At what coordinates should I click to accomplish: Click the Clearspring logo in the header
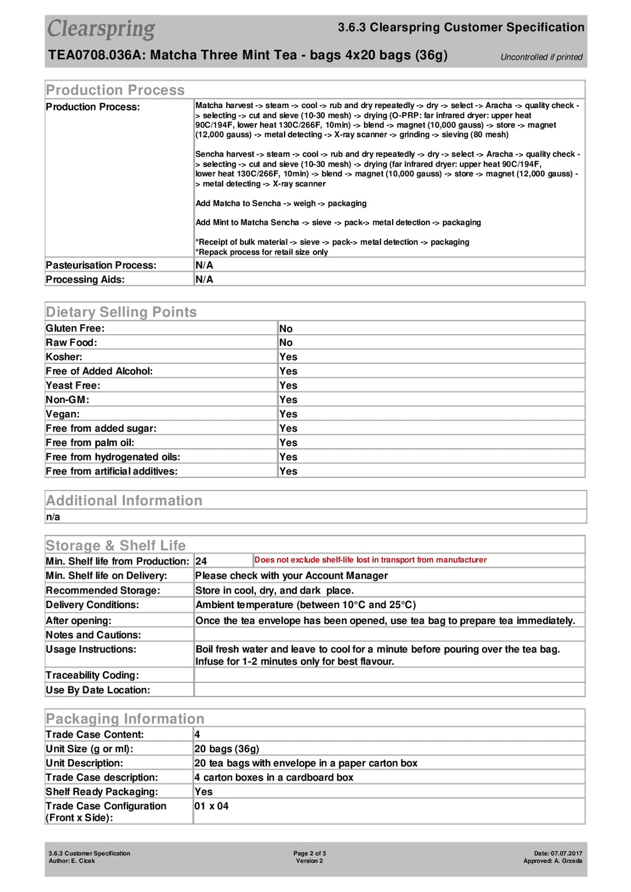click(101, 29)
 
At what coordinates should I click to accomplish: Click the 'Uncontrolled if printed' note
click(541, 57)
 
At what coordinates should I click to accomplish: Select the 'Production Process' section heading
click(115, 90)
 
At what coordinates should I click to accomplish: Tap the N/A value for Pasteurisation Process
click(204, 265)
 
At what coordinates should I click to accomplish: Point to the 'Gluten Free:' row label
click(75, 328)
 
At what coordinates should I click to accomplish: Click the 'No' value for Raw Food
click(286, 343)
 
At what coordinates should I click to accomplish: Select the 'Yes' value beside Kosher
click(288, 357)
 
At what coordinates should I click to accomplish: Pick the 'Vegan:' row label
click(63, 414)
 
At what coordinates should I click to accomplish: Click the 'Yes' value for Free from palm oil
click(288, 443)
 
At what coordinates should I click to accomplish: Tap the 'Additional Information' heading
click(124, 501)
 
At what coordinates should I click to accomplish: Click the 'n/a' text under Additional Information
click(53, 517)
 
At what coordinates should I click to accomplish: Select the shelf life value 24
click(201, 561)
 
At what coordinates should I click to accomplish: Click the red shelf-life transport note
click(370, 560)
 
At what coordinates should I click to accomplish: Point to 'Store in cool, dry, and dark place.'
click(274, 591)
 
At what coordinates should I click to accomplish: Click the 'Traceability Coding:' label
click(92, 675)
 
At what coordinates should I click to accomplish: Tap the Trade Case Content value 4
click(197, 735)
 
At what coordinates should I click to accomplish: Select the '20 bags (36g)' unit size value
click(227, 749)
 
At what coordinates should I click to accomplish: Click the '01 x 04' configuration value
click(212, 806)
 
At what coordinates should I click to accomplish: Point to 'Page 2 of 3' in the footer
click(310, 853)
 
